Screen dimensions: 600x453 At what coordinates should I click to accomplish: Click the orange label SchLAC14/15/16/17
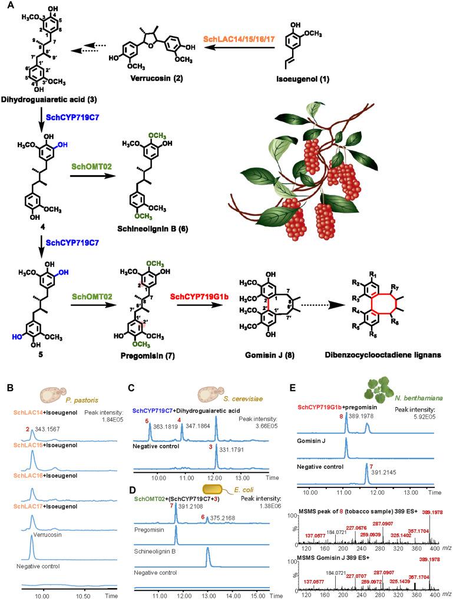233,38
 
